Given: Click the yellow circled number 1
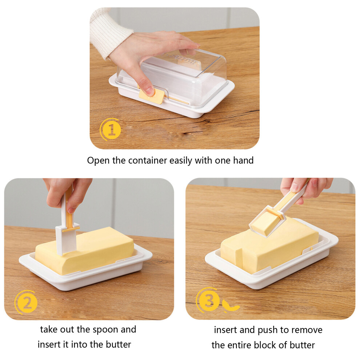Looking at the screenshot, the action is click(111, 129).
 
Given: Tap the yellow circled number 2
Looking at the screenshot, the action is click(27, 303).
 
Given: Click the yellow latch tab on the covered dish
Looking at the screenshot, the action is click(152, 97).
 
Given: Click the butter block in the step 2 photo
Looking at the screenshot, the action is click(85, 250).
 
